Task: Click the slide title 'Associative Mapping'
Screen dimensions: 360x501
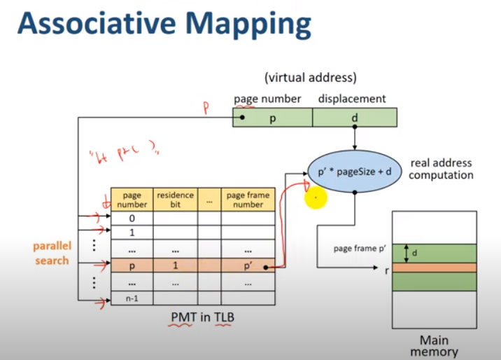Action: [164, 25]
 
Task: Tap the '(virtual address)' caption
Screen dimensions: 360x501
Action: [310, 78]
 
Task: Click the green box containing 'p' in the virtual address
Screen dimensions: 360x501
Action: [272, 118]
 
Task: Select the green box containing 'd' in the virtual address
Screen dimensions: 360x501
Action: [354, 118]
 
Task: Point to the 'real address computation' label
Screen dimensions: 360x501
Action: [441, 169]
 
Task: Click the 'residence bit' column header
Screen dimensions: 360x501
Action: [175, 199]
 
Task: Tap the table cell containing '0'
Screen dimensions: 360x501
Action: [132, 219]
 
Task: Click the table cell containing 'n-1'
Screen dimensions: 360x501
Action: [132, 299]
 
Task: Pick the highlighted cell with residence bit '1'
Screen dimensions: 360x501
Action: [175, 267]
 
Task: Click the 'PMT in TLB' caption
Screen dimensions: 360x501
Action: [203, 317]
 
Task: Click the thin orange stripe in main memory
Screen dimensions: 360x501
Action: [434, 268]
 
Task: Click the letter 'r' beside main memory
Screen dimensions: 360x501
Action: [386, 269]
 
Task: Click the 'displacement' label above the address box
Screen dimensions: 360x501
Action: [352, 99]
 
